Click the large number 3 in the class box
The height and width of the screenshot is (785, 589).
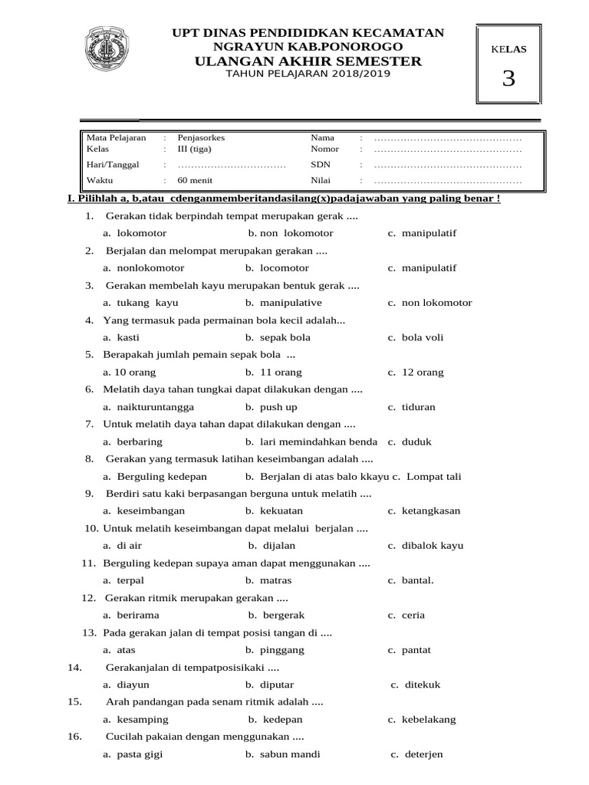(508, 78)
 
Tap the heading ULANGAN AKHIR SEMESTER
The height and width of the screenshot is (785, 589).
(308, 61)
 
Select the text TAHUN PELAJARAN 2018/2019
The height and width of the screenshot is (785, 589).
(308, 74)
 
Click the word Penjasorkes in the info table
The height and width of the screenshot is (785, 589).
(201, 137)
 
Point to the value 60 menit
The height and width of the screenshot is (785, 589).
(192, 181)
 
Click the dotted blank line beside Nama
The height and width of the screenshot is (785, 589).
(447, 138)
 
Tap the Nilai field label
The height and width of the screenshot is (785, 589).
(320, 181)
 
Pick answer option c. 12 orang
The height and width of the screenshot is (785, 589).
(416, 372)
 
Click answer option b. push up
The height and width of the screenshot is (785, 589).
(271, 407)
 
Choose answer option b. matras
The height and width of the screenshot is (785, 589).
(268, 580)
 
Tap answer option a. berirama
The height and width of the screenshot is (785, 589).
(131, 615)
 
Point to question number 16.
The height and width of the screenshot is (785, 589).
(74, 737)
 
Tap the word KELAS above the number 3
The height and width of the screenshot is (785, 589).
(508, 49)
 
